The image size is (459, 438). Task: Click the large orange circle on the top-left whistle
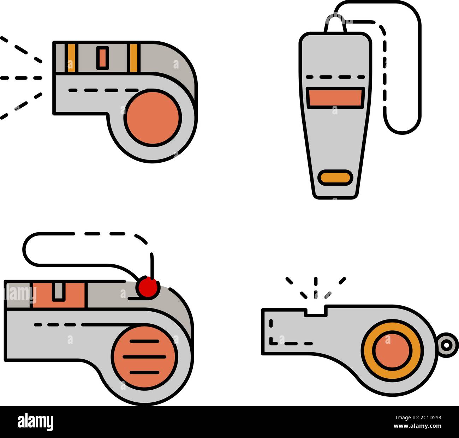click(x=153, y=118)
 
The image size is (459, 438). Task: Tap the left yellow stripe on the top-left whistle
click(x=71, y=58)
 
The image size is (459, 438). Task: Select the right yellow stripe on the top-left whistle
click(x=133, y=58)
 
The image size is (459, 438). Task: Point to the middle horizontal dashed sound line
click(x=21, y=78)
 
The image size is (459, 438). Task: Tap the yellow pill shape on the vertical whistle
click(x=335, y=178)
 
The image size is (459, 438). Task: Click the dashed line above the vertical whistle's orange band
click(x=335, y=77)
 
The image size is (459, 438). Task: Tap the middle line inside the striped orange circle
click(x=144, y=357)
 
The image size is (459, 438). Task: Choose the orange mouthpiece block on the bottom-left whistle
click(x=59, y=295)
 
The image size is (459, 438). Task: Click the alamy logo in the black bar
click(x=36, y=422)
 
